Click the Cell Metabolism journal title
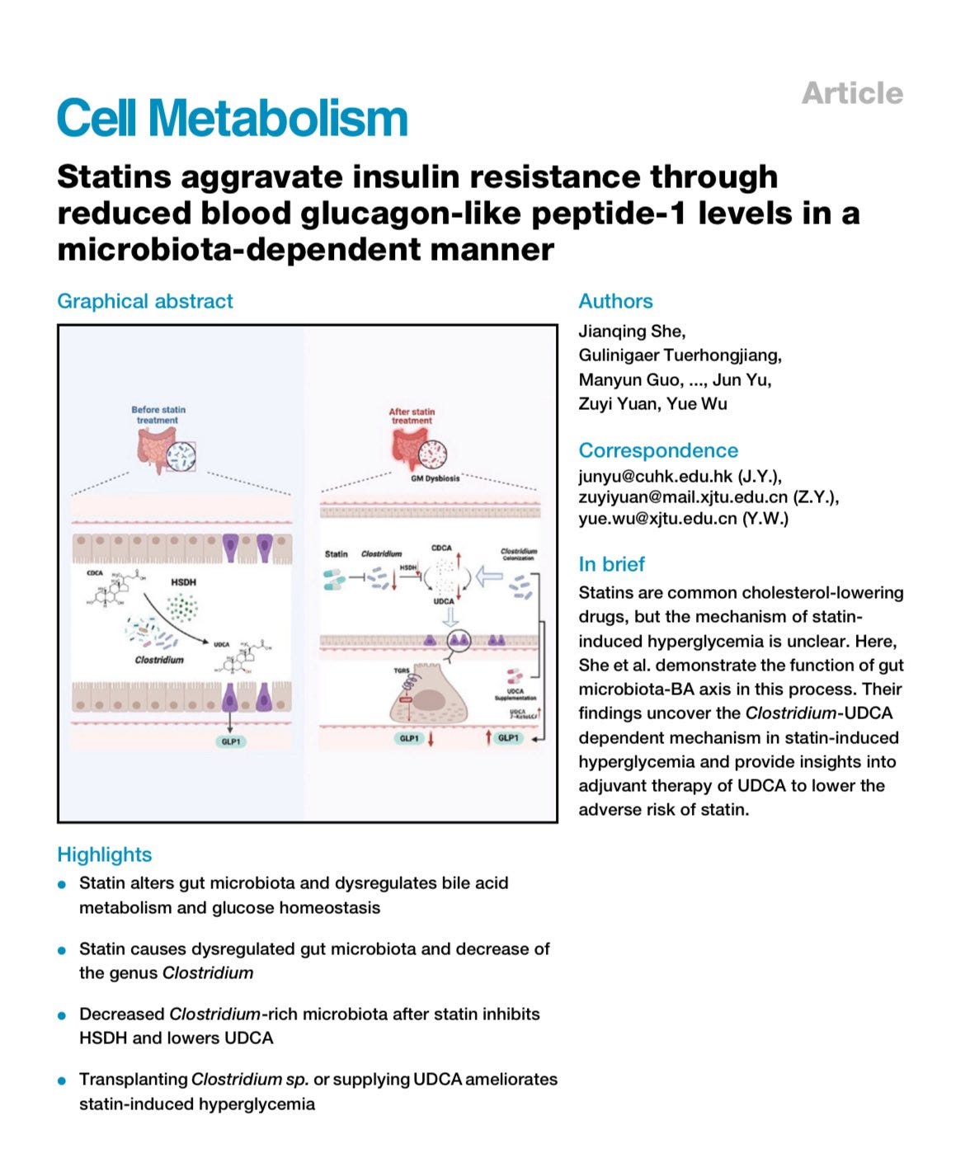(x=232, y=118)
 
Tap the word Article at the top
(x=852, y=93)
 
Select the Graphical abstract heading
(x=145, y=301)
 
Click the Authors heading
(x=615, y=301)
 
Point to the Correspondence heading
(x=658, y=450)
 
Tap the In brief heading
(x=611, y=564)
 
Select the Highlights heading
(x=105, y=854)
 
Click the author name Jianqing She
(x=632, y=332)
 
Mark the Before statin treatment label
(x=158, y=415)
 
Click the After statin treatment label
(x=412, y=416)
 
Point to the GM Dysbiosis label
(x=435, y=478)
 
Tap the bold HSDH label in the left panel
(x=183, y=582)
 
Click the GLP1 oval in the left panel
(x=231, y=741)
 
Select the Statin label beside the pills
(x=336, y=554)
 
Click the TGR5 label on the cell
(x=402, y=671)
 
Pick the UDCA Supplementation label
(x=515, y=694)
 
